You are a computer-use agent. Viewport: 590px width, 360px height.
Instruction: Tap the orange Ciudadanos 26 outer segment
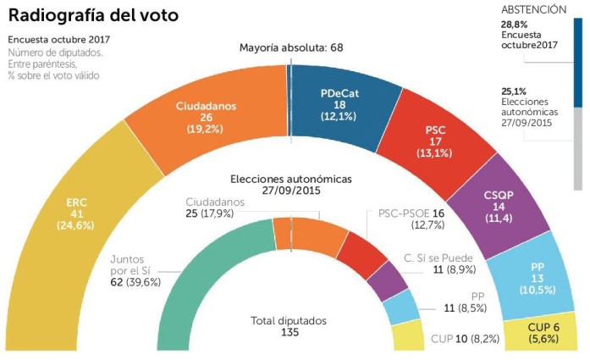(205, 118)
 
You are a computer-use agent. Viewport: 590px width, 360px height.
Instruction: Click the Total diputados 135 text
(289, 326)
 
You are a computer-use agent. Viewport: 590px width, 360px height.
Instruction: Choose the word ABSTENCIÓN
(533, 9)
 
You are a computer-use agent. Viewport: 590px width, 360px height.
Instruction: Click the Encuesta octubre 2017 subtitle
(58, 40)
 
